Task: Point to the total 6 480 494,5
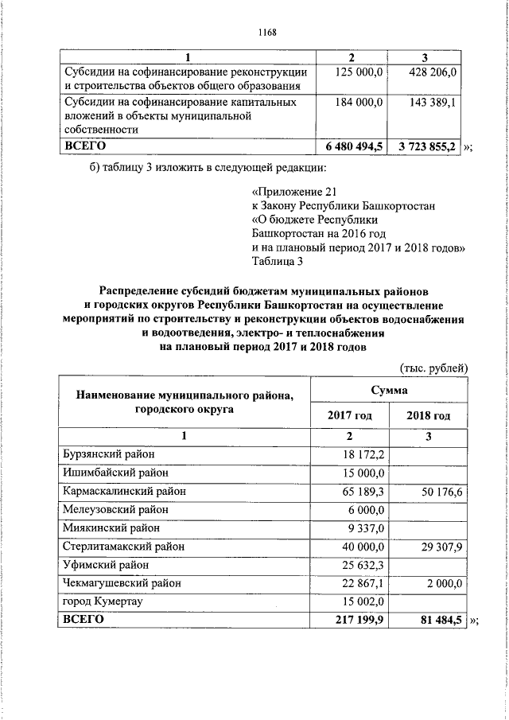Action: pos(355,147)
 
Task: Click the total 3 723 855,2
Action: pos(427,147)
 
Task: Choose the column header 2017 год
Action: pos(350,415)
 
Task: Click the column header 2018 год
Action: pos(428,415)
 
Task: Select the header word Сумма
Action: pos(389,390)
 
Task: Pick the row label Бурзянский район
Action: pos(108,453)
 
